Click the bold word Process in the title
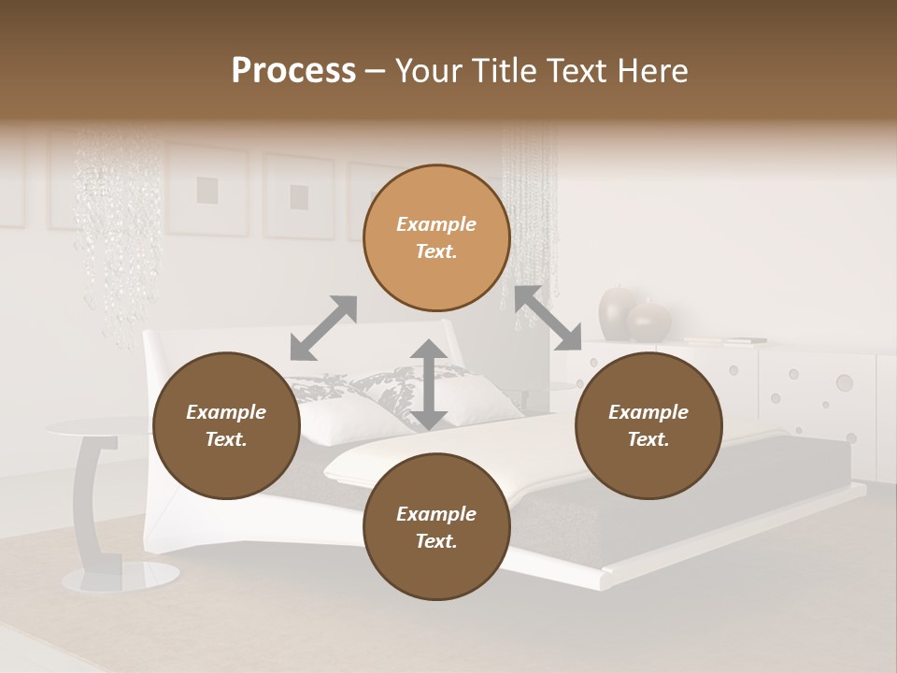point(293,70)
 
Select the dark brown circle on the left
point(226,426)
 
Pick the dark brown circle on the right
point(648,426)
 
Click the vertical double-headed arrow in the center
point(429,384)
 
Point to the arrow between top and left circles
point(323,327)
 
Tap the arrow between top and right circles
point(548,318)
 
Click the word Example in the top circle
point(436,224)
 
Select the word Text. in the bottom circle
point(436,541)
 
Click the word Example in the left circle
point(226,412)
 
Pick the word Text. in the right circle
point(648,439)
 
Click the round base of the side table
point(121,576)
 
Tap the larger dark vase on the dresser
point(618,313)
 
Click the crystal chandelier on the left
point(117,234)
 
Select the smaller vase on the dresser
point(649,322)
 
